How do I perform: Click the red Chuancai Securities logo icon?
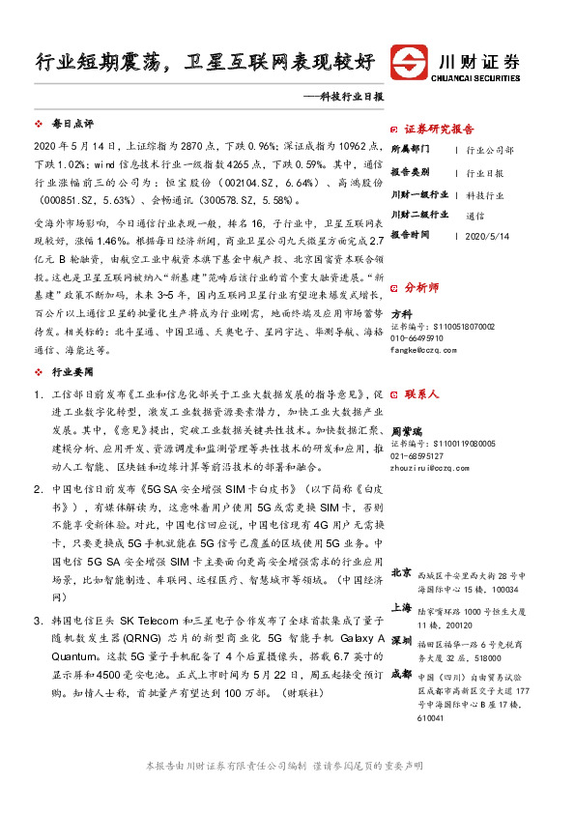coord(409,62)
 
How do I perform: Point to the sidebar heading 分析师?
coord(421,287)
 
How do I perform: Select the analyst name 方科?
coord(401,313)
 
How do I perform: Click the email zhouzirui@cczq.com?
coord(430,467)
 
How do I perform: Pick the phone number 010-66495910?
coord(417,338)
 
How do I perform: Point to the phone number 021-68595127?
coord(417,455)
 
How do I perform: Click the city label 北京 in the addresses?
coord(402,572)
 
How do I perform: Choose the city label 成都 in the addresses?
coord(402,645)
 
